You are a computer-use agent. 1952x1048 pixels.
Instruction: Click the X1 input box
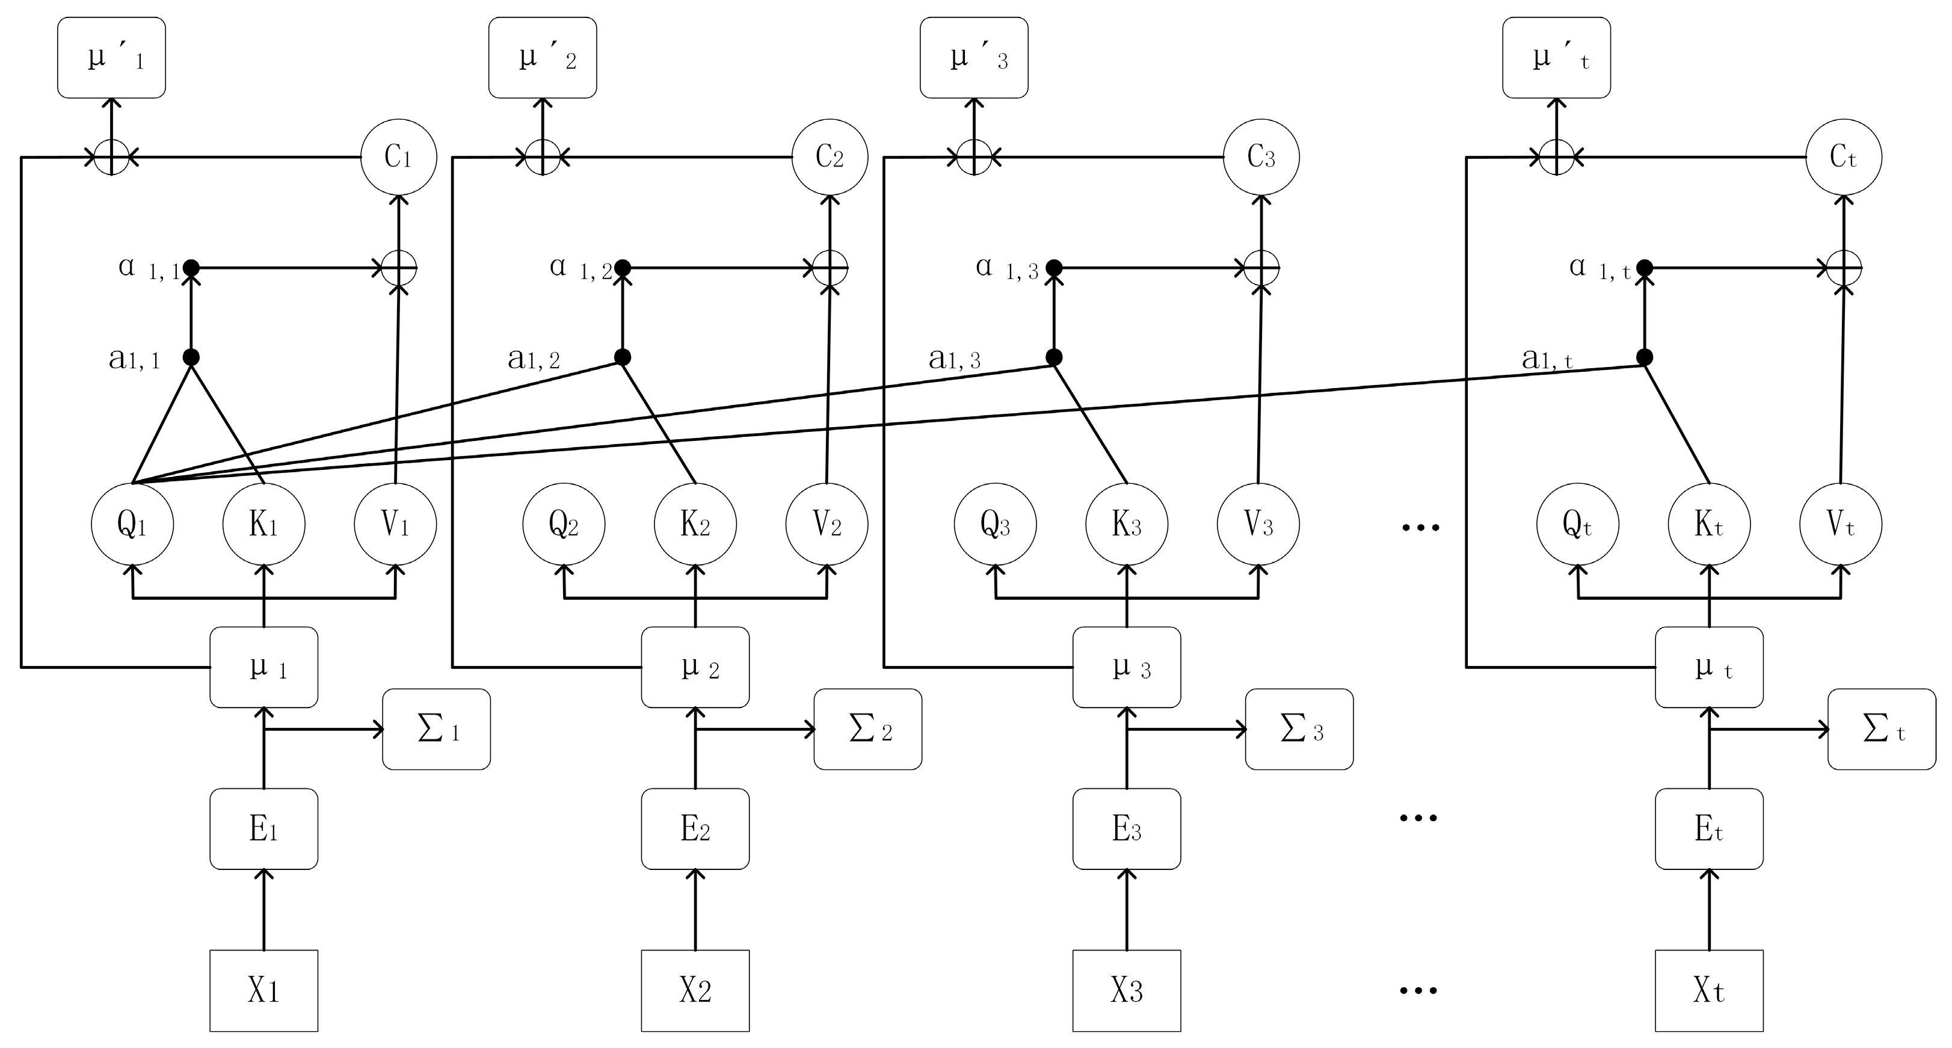(x=263, y=990)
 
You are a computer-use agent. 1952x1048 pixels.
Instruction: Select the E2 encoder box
(x=695, y=828)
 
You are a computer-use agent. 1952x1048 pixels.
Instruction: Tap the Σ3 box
(x=1299, y=729)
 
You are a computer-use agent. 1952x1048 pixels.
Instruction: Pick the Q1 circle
(x=132, y=525)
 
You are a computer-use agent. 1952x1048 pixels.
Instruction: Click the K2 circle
(x=695, y=525)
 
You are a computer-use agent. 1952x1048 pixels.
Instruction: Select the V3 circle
(x=1258, y=525)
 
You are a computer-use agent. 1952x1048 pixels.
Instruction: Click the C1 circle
(x=399, y=157)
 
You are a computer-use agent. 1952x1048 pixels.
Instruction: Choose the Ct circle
(x=1843, y=157)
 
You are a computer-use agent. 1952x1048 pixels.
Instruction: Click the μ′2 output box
(x=543, y=58)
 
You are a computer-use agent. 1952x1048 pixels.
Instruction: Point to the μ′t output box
(x=1556, y=58)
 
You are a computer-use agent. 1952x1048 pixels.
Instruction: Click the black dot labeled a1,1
(x=191, y=357)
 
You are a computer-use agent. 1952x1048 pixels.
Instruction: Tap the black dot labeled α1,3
(x=1053, y=268)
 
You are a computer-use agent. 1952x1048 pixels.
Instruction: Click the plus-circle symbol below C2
(x=830, y=268)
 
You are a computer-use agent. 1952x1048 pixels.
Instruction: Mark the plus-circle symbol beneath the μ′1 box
(x=111, y=158)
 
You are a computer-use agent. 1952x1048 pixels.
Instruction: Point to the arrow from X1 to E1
(x=263, y=909)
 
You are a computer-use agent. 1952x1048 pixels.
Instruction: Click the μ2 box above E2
(x=695, y=667)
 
